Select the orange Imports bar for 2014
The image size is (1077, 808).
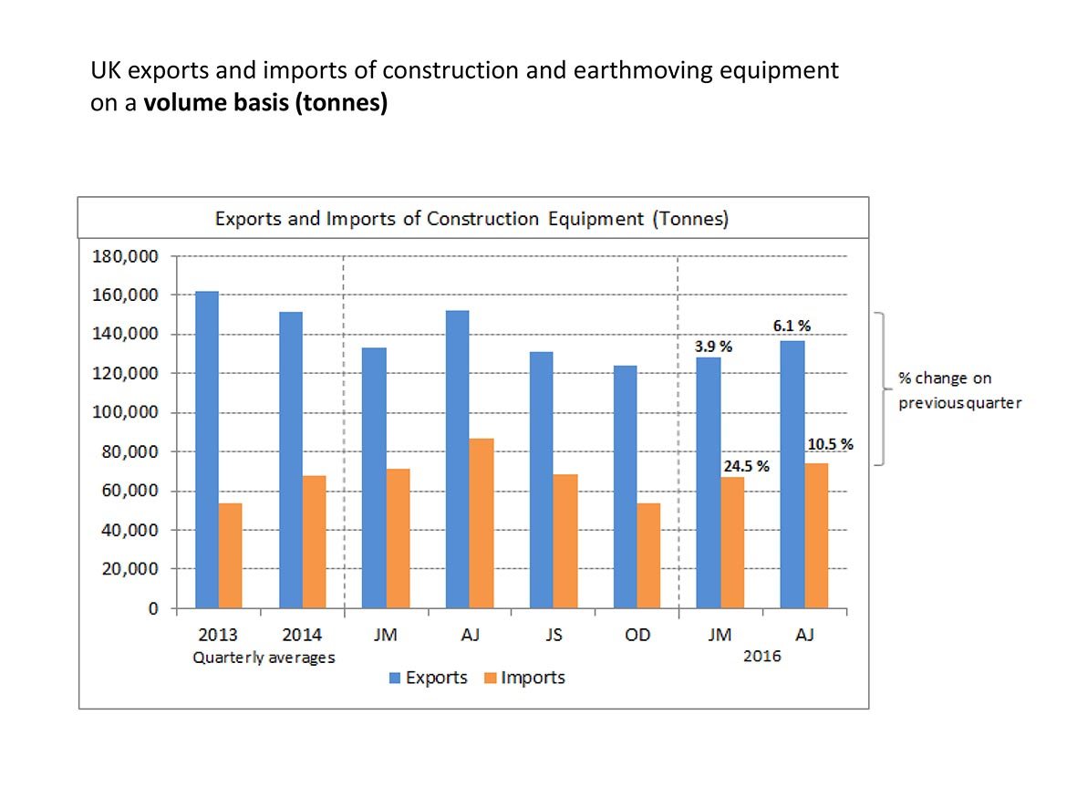pyautogui.click(x=314, y=542)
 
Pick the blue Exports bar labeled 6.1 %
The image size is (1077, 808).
pyautogui.click(x=792, y=474)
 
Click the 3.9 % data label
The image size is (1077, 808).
pyautogui.click(x=709, y=347)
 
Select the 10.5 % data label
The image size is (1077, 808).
pyautogui.click(x=829, y=444)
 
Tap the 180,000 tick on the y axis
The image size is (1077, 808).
pyautogui.click(x=126, y=256)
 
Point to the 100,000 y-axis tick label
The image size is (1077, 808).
pyautogui.click(x=126, y=413)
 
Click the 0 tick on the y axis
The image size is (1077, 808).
pyautogui.click(x=153, y=609)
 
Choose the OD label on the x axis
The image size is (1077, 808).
pyautogui.click(x=637, y=635)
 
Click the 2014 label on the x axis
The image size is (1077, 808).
pyautogui.click(x=302, y=635)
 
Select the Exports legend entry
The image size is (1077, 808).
pyautogui.click(x=429, y=678)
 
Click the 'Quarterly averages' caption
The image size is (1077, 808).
pyautogui.click(x=264, y=657)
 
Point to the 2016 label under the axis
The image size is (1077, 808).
pyautogui.click(x=762, y=657)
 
